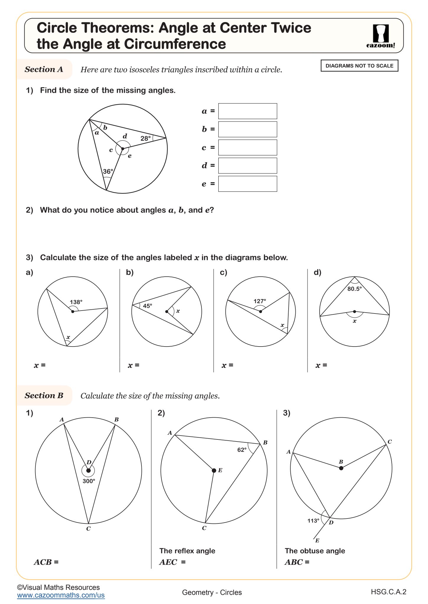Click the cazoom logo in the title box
click(380, 36)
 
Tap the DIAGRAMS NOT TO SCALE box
click(359, 66)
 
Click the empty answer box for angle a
click(247, 111)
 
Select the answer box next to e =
click(247, 184)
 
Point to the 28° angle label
click(145, 138)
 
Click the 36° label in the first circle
click(108, 171)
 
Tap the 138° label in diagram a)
click(76, 302)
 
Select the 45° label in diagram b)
click(147, 306)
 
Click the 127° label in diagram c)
click(260, 301)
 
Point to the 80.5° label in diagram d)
click(354, 289)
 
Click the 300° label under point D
click(89, 481)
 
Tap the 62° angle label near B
click(242, 450)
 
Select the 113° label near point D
click(313, 521)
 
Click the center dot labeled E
click(214, 470)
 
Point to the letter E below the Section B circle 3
click(317, 540)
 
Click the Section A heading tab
click(44, 69)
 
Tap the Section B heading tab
click(44, 395)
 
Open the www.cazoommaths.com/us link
click(61, 595)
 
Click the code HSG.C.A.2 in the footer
click(388, 592)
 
